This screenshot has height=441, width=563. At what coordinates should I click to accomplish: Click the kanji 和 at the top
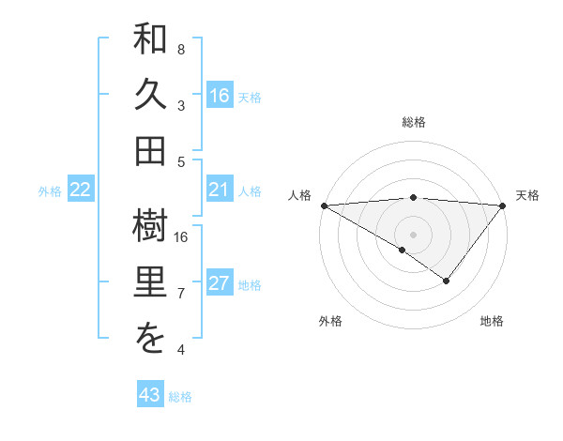[x=150, y=42]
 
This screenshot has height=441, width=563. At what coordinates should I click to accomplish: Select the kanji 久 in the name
[x=150, y=95]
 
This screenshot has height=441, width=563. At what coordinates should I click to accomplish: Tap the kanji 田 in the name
[x=150, y=148]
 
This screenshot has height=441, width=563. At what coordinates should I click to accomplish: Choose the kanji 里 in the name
[x=150, y=284]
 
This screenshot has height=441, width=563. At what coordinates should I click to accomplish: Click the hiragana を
[x=150, y=339]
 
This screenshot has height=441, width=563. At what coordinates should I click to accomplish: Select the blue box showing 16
[x=220, y=95]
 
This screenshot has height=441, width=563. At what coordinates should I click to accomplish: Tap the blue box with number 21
[x=220, y=190]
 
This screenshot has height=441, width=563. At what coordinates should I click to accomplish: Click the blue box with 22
[x=81, y=190]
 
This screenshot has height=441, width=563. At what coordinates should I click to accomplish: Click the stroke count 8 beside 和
[x=181, y=49]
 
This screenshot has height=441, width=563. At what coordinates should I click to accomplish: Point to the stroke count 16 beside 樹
[x=181, y=236]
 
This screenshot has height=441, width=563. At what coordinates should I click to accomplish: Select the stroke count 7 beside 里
[x=181, y=294]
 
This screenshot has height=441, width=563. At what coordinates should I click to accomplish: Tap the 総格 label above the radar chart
[x=414, y=122]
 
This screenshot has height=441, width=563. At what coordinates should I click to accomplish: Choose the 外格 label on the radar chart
[x=330, y=321]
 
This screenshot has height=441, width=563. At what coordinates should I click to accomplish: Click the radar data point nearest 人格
[x=324, y=205]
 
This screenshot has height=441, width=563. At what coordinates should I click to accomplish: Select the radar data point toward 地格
[x=447, y=280]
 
